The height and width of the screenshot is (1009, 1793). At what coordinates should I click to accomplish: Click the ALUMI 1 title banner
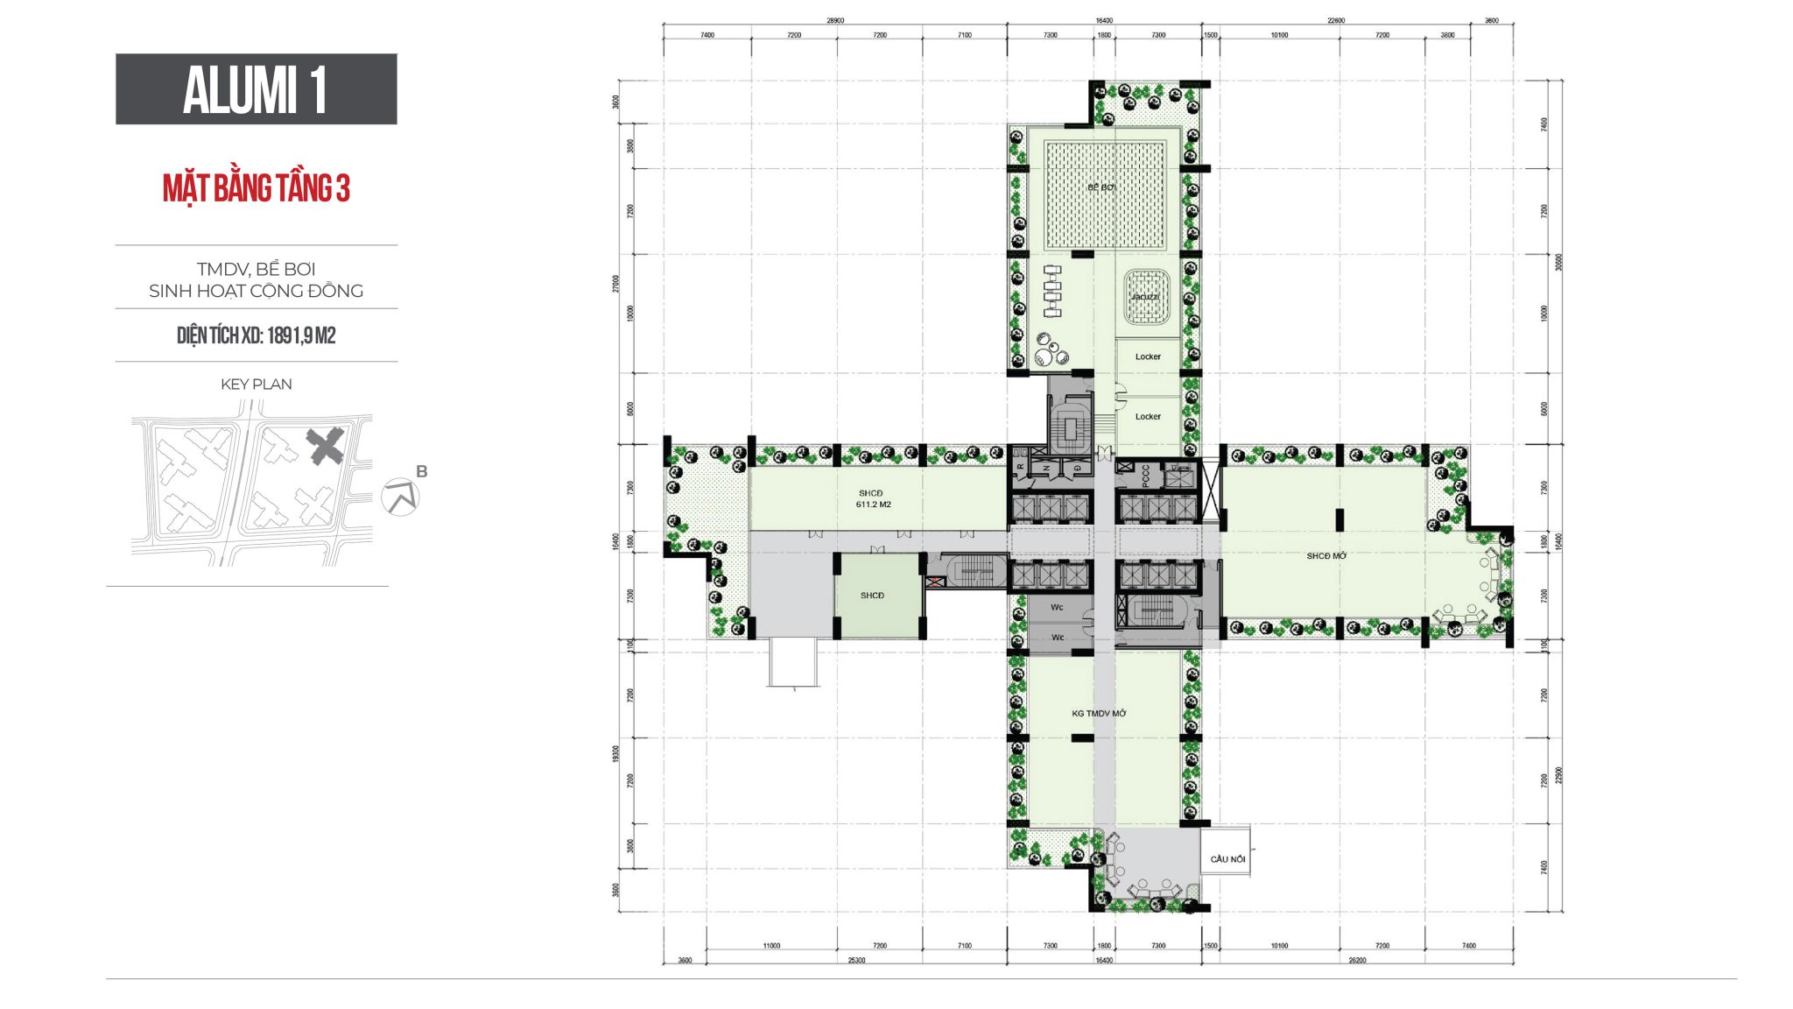[x=256, y=89]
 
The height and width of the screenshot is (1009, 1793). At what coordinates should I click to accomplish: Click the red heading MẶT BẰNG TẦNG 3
[x=256, y=188]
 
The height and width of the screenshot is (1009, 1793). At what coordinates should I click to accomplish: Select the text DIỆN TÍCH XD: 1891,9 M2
[x=256, y=335]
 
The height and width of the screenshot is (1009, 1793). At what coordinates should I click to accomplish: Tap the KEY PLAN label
[x=256, y=384]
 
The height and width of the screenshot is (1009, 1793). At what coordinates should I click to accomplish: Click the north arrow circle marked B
[x=401, y=497]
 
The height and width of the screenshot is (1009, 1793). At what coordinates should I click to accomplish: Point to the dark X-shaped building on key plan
[x=325, y=447]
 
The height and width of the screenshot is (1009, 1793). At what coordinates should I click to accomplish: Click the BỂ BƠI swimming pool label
[x=1101, y=187]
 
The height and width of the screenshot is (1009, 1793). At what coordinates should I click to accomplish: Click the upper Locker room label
[x=1148, y=356]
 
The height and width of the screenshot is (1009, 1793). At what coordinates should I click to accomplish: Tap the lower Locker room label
[x=1148, y=416]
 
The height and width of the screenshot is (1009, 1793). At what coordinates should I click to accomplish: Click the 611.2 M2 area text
[x=873, y=504]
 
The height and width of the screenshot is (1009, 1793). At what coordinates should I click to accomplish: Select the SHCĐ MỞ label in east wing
[x=1325, y=556]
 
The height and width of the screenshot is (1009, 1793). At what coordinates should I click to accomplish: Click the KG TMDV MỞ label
[x=1099, y=713]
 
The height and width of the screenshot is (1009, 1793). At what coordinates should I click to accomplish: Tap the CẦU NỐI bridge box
[x=1227, y=858]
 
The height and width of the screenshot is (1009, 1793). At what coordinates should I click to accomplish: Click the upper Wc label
[x=1057, y=607]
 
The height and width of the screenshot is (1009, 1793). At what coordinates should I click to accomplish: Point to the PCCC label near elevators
[x=1146, y=476]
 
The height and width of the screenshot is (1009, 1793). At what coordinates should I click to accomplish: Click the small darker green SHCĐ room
[x=872, y=596]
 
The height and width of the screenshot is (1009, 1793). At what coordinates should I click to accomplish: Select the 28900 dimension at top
[x=834, y=20]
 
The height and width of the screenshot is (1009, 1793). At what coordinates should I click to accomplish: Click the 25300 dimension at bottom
[x=856, y=960]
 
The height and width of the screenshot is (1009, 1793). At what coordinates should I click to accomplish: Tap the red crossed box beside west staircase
[x=936, y=582]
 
